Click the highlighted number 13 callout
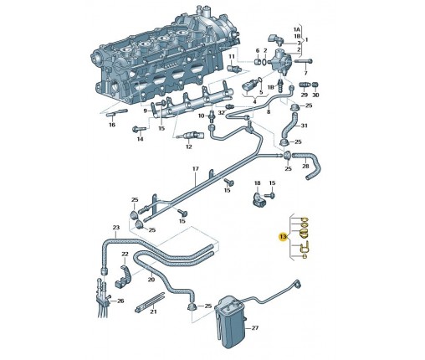pyautogui.click(x=283, y=237)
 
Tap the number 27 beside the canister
pyautogui.click(x=255, y=328)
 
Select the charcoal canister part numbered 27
pyautogui.click(x=231, y=321)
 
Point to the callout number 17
pyautogui.click(x=196, y=169)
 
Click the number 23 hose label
pyautogui.click(x=116, y=228)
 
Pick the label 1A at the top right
pyautogui.click(x=297, y=29)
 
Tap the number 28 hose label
pyautogui.click(x=305, y=166)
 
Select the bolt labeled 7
pyautogui.click(x=304, y=61)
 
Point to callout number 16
pyautogui.click(x=112, y=125)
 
